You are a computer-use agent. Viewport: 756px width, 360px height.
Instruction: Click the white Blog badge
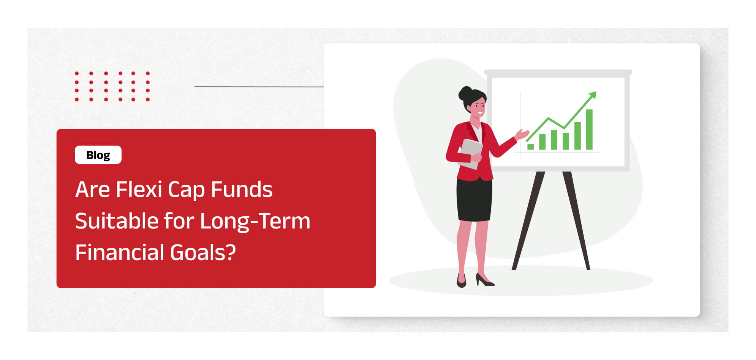point(98,155)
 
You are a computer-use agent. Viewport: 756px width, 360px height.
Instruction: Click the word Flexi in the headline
point(139,189)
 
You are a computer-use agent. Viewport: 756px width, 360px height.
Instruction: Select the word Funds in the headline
point(241,189)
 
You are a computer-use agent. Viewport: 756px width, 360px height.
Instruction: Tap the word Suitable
point(116,221)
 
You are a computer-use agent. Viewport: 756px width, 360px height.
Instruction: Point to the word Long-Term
point(255,222)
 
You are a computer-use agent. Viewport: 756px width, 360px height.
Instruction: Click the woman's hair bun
point(465,93)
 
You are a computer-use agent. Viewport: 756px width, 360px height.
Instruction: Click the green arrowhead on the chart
point(592,95)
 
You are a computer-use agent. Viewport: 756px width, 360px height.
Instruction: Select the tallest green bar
point(589,129)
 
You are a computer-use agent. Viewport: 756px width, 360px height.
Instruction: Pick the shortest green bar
point(531,147)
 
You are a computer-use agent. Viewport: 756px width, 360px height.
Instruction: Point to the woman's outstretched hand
point(522,134)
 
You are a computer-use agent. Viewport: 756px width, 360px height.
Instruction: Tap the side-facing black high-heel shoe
point(484,280)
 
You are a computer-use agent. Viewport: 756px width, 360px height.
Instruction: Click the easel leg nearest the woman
point(528,221)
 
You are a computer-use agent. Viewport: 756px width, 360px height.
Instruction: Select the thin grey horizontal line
point(259,87)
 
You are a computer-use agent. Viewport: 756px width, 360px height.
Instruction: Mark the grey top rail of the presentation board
point(558,72)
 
